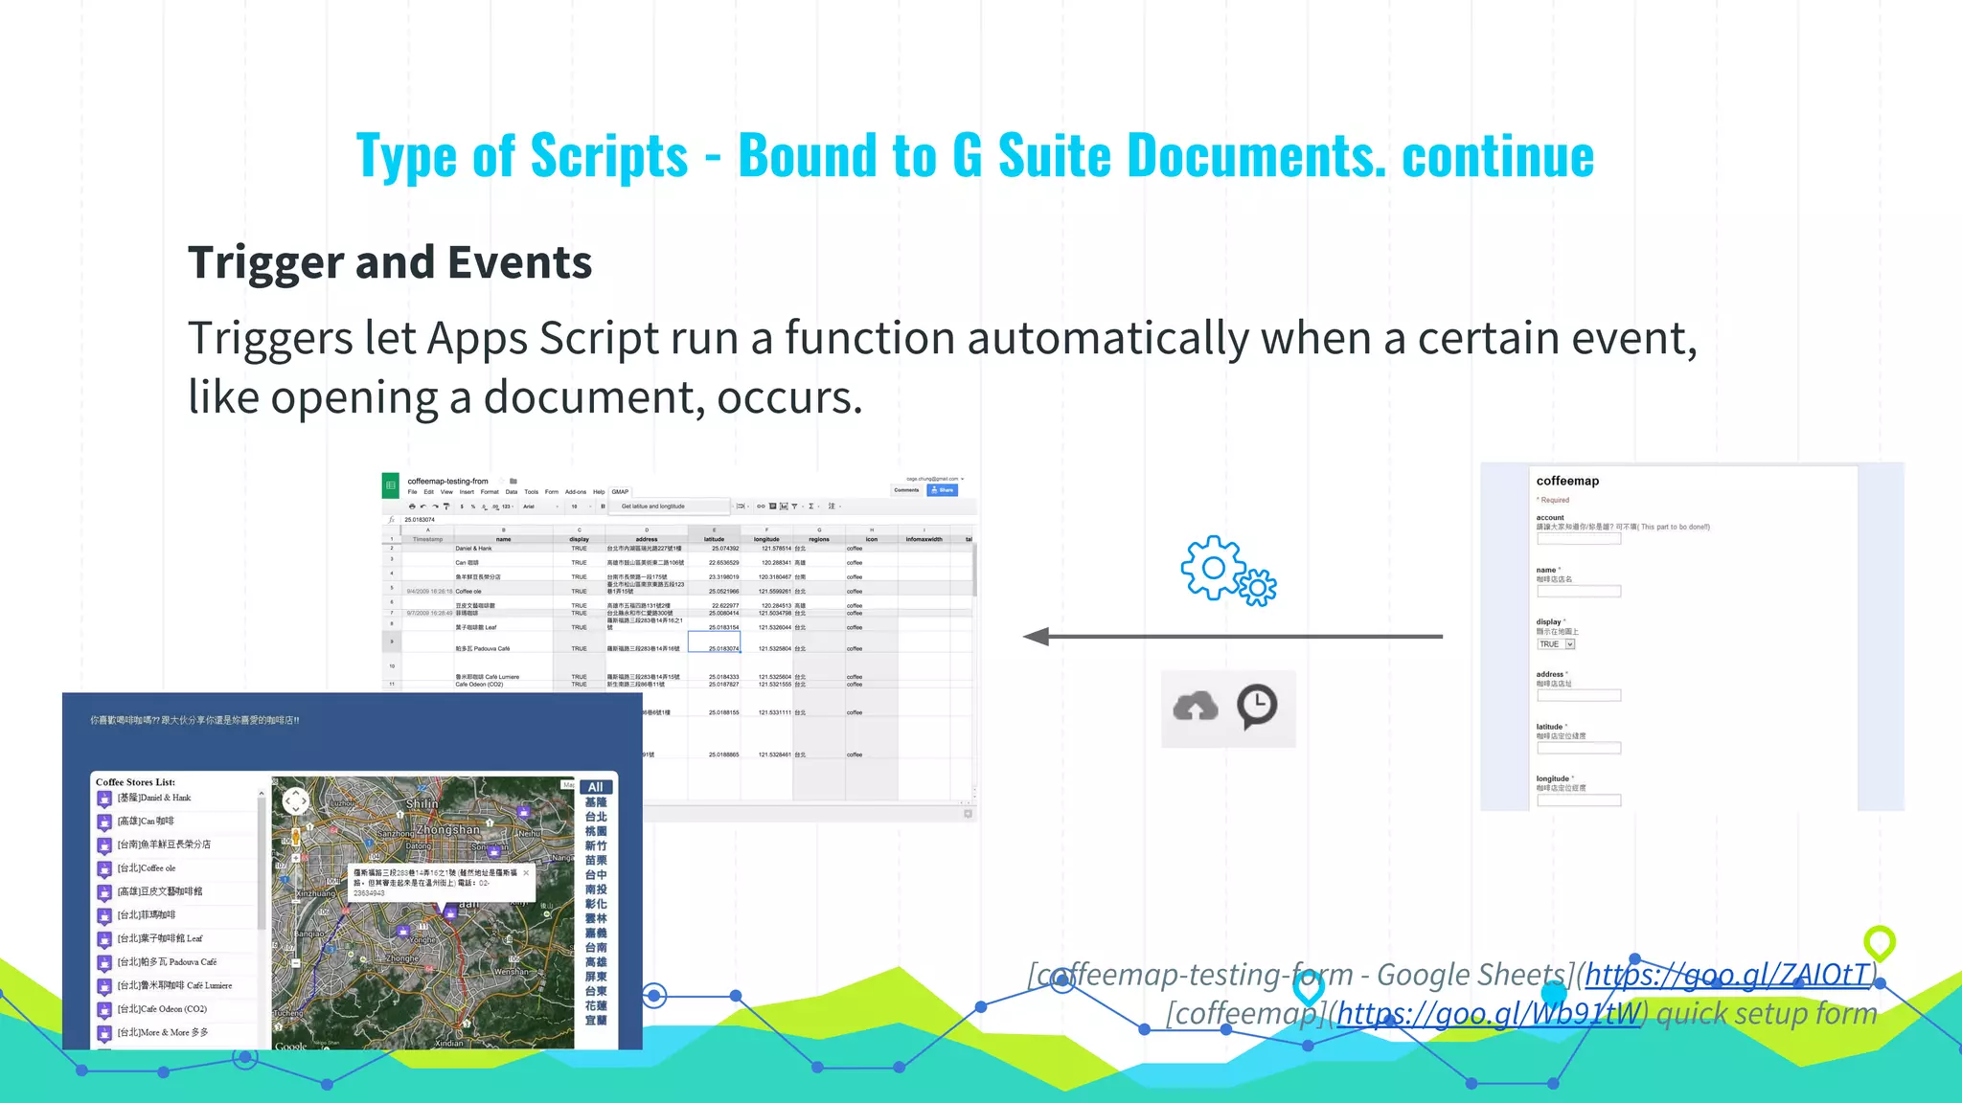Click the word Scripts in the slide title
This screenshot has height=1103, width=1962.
(x=608, y=156)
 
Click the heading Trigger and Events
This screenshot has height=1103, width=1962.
(x=390, y=262)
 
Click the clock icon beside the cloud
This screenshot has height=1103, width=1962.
(x=1257, y=707)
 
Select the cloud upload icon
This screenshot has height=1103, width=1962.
(x=1196, y=707)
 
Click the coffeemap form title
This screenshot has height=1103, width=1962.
(x=1567, y=481)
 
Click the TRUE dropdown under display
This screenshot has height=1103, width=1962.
(x=1556, y=644)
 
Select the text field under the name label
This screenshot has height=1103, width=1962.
(x=1579, y=592)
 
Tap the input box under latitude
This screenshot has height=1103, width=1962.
(x=1579, y=748)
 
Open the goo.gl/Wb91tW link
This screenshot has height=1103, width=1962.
(x=1489, y=1013)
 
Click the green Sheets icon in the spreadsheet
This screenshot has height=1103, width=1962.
(x=391, y=485)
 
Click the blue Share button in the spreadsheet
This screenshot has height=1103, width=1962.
(x=943, y=490)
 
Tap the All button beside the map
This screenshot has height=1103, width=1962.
(x=595, y=787)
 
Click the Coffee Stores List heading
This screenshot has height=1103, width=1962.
(x=135, y=782)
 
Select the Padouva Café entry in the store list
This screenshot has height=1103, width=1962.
(x=168, y=962)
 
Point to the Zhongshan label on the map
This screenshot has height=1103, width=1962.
(x=447, y=830)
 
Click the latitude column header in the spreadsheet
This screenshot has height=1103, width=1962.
(x=715, y=539)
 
